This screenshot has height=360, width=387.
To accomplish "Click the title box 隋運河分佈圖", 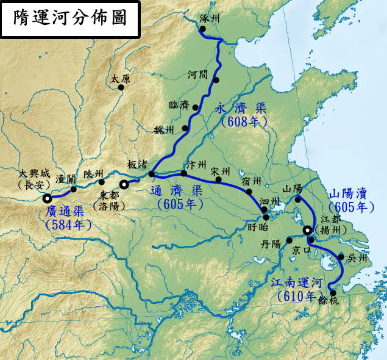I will coord(70,18).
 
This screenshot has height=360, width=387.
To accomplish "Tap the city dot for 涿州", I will coord(203,29).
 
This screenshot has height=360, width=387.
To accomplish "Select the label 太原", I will coord(120,79).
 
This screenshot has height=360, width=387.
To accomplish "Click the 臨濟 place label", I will coord(178,105).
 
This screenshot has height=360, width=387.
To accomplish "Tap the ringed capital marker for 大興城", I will coord(47,198).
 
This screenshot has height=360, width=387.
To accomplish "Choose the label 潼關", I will coord(65,178).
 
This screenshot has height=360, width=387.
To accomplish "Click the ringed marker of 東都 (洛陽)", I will coord(124,184).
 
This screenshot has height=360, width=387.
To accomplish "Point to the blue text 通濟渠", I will coord(180,191).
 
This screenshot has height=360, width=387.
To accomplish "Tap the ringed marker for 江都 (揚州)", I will coord(308,230).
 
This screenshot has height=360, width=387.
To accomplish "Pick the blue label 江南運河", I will coord(296,283).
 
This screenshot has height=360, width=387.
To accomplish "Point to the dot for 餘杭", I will coord(333,293).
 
